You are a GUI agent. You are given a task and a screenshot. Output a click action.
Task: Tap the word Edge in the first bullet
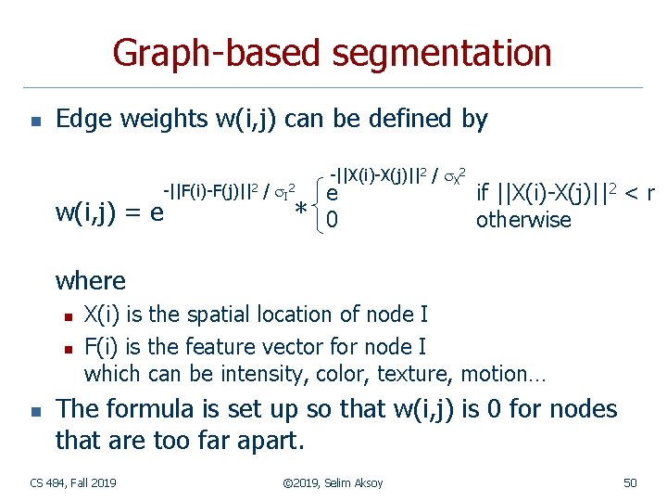[81, 120]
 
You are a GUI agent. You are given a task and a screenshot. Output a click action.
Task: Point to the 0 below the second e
[333, 221]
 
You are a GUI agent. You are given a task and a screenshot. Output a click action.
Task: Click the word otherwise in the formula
[523, 221]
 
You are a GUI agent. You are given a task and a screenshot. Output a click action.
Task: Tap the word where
[91, 279]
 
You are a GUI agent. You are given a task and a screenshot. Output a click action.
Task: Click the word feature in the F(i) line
[226, 347]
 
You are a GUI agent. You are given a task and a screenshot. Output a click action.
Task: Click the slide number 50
[630, 482]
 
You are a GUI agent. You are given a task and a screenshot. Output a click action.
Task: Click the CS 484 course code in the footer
[44, 482]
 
